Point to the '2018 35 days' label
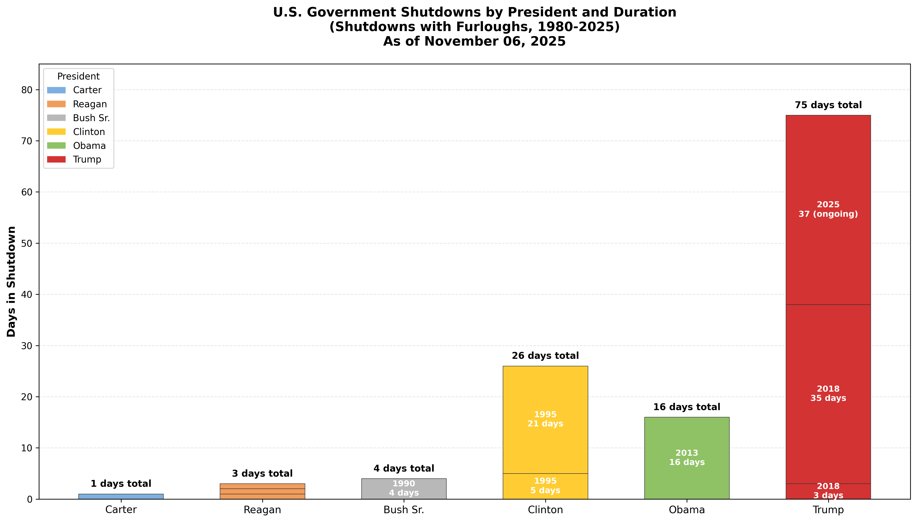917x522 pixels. (828, 393)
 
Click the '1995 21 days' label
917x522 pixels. (545, 419)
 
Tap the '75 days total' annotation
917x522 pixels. (828, 105)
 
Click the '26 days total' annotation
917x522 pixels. (545, 356)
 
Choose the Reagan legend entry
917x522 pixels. (90, 104)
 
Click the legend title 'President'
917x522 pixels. (78, 76)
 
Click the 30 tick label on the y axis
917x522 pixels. (27, 346)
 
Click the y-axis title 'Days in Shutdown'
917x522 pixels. (11, 281)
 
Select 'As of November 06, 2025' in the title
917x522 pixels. (474, 41)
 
